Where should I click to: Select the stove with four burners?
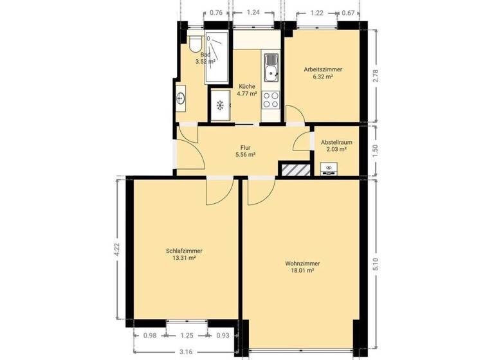[271, 100]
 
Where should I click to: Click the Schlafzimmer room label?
[180, 251]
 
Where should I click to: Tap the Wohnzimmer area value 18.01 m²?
[302, 271]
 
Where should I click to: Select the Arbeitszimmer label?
[323, 69]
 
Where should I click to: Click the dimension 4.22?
[117, 249]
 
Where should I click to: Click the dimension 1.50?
[376, 150]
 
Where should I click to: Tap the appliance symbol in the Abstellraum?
[329, 169]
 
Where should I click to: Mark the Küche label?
[247, 86]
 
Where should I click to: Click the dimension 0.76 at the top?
[217, 12]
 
